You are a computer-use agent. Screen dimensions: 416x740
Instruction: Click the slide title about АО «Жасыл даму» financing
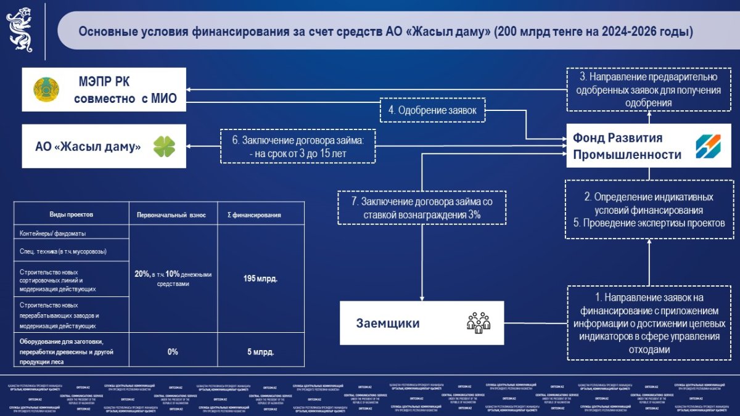click(385, 31)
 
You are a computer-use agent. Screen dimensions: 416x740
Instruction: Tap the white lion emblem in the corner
click(20, 29)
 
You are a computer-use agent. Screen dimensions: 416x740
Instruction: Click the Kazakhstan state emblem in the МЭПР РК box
click(45, 89)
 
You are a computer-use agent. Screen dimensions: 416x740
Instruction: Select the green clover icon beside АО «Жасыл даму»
click(164, 147)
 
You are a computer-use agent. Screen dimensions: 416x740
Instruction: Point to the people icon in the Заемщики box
click(478, 322)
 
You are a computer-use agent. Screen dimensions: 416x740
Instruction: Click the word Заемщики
click(388, 323)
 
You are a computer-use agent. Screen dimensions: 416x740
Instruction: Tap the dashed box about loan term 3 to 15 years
click(298, 146)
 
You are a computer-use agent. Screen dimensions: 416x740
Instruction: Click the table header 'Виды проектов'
click(72, 214)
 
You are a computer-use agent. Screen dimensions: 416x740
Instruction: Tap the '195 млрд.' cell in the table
click(260, 278)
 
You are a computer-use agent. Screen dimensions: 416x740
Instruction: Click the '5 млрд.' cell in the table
click(260, 352)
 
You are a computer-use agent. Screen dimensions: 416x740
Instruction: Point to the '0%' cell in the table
click(173, 352)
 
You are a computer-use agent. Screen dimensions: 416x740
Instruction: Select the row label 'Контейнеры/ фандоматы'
click(53, 234)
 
